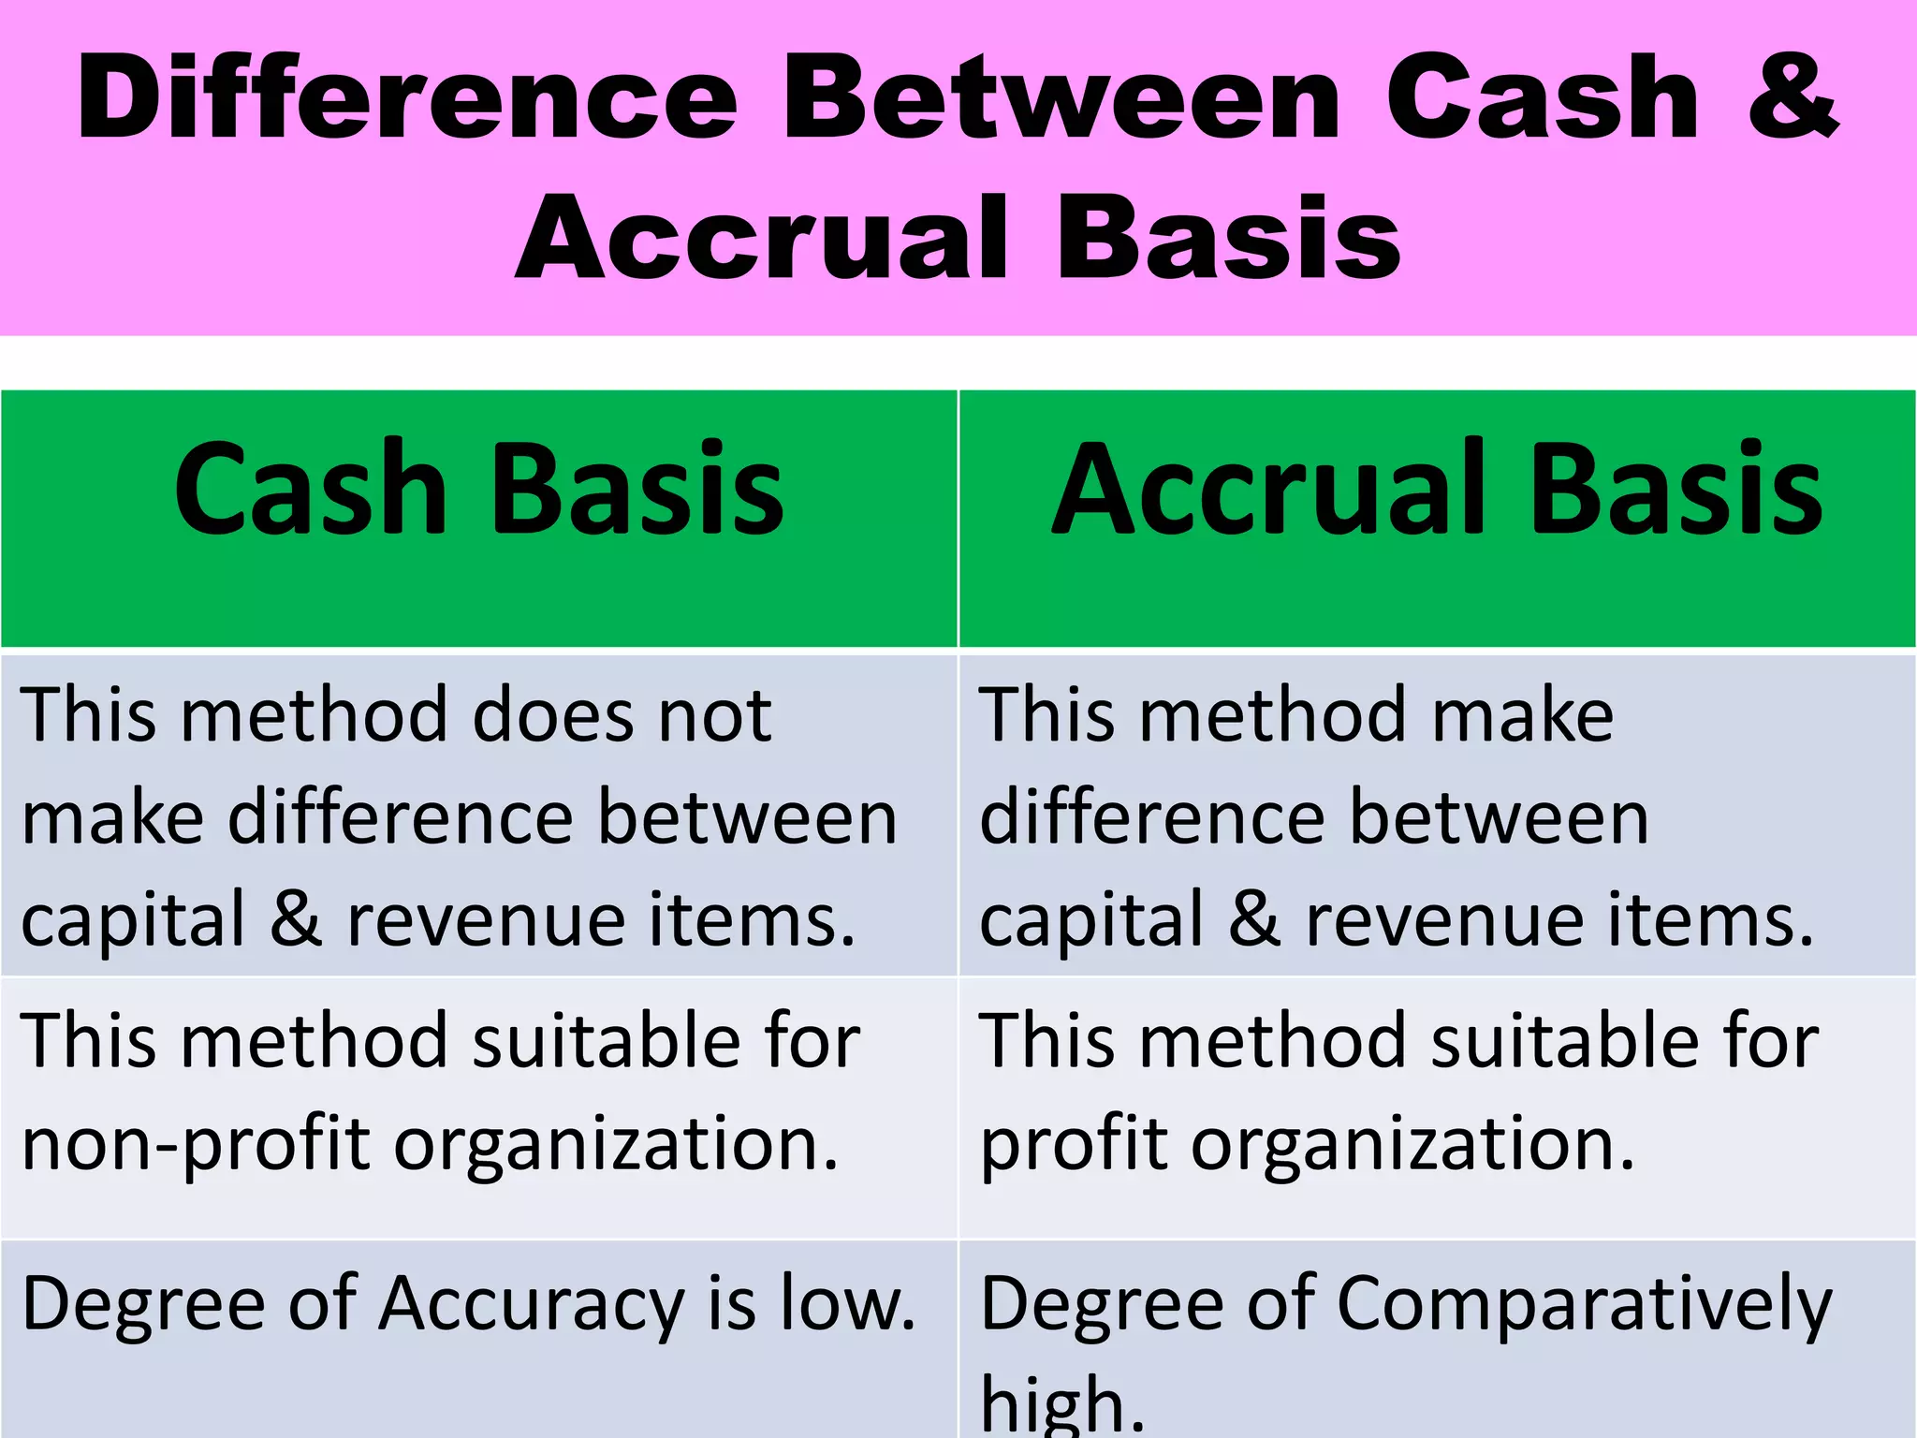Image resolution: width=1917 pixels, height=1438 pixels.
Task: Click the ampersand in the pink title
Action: point(1793,98)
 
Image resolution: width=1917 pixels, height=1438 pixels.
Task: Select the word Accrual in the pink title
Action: point(763,239)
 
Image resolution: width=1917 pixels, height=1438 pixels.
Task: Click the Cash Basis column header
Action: point(478,491)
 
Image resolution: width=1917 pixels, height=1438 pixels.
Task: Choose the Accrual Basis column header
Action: point(1437,491)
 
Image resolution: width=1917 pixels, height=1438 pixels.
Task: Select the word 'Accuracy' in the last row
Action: point(532,1304)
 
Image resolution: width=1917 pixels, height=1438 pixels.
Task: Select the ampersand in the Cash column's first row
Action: point(296,919)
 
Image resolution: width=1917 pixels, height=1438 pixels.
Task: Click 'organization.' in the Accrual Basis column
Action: point(1413,1144)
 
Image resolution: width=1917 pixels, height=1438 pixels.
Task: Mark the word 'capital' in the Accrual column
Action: point(1091,919)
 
